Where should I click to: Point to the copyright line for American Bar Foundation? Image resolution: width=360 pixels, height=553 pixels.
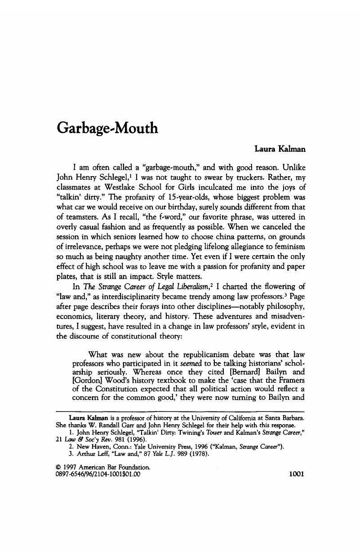pos(102,467)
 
